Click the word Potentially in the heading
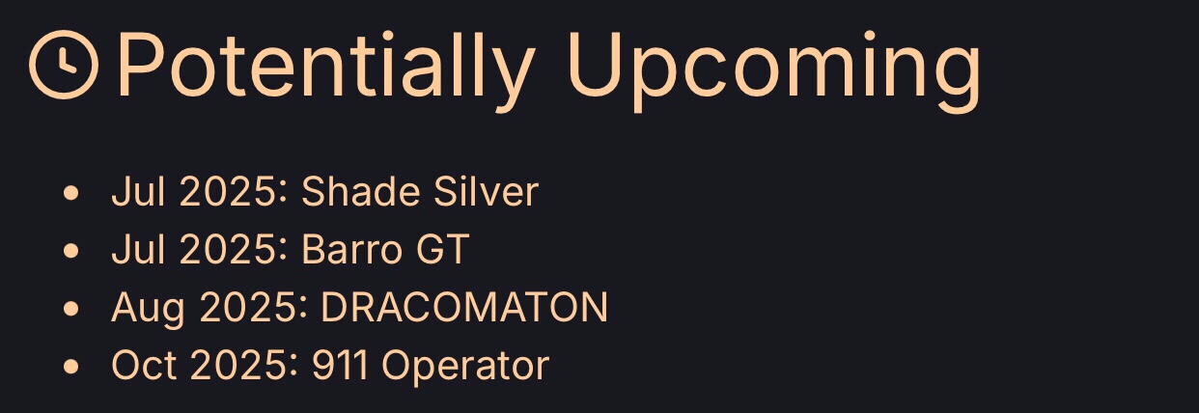coord(326,65)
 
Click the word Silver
coord(486,191)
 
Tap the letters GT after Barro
coord(443,249)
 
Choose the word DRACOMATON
coord(464,308)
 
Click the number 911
coord(341,366)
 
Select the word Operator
coord(465,367)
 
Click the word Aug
coord(149,309)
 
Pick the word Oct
coord(144,366)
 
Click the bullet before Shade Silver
coord(71,193)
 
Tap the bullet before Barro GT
coord(71,250)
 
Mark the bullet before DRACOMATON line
coord(71,309)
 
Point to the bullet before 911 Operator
coord(71,367)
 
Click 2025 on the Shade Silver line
coord(228,191)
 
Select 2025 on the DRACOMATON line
coord(248,308)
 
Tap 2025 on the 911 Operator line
coord(238,366)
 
